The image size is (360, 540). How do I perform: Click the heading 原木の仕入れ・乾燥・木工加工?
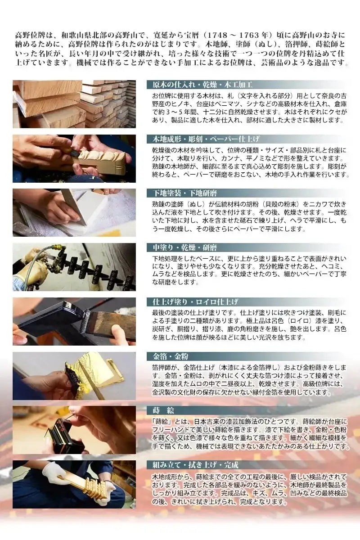[x=200, y=85]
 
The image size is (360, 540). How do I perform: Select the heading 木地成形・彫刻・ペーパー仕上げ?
[x=203, y=139]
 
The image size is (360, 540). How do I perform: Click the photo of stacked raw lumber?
[x=74, y=104]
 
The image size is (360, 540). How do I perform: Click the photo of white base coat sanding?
[x=74, y=212]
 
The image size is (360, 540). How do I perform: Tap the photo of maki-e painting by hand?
[x=74, y=430]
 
